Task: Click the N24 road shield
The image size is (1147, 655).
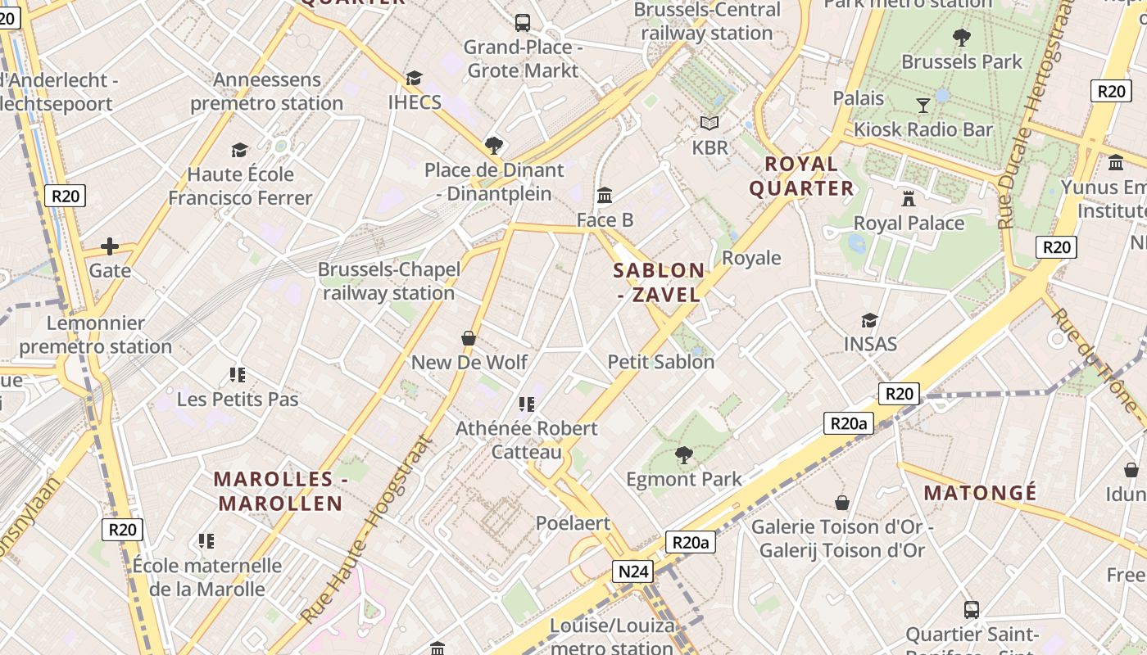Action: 632,571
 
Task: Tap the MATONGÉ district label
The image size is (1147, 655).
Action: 980,493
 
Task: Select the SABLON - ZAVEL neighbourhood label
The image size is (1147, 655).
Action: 659,282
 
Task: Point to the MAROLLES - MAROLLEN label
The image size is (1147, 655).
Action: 278,491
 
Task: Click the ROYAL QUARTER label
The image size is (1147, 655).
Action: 801,176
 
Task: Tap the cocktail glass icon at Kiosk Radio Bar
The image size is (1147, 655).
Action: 923,105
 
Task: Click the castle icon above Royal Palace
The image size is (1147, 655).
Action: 908,198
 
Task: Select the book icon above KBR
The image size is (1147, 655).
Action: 709,123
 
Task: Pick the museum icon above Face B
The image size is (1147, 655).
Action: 605,195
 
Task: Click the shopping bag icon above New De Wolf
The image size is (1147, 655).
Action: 469,337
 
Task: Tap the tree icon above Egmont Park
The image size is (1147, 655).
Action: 683,454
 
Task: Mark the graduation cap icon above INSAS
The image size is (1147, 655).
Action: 869,319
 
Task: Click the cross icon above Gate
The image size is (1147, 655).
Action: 109,246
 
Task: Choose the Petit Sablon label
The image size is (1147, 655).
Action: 660,361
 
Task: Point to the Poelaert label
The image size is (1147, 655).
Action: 573,523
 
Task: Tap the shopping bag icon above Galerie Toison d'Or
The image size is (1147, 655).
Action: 841,502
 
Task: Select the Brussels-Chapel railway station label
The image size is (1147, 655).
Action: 388,281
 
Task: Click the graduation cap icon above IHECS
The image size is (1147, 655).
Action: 414,78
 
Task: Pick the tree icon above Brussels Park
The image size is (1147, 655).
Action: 961,37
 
